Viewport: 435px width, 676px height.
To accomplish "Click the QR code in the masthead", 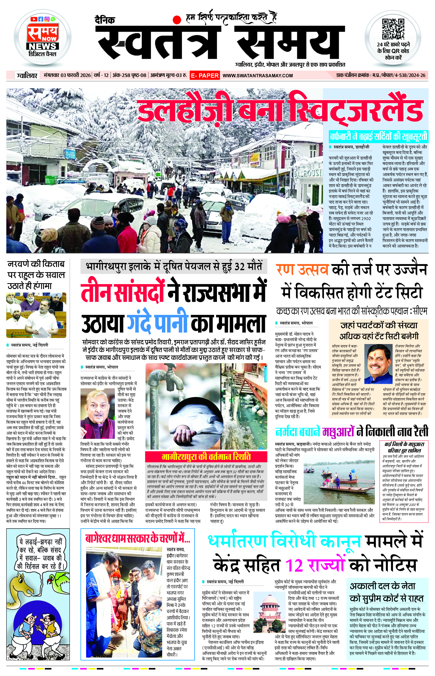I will [x=393, y=29].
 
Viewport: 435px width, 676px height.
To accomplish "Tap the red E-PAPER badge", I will [x=204, y=76].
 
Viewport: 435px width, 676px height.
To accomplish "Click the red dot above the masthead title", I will [x=177, y=20].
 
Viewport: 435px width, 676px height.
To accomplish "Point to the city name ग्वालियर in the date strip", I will [x=27, y=76].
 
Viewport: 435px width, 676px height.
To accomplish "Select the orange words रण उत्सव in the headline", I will [x=302, y=269].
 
